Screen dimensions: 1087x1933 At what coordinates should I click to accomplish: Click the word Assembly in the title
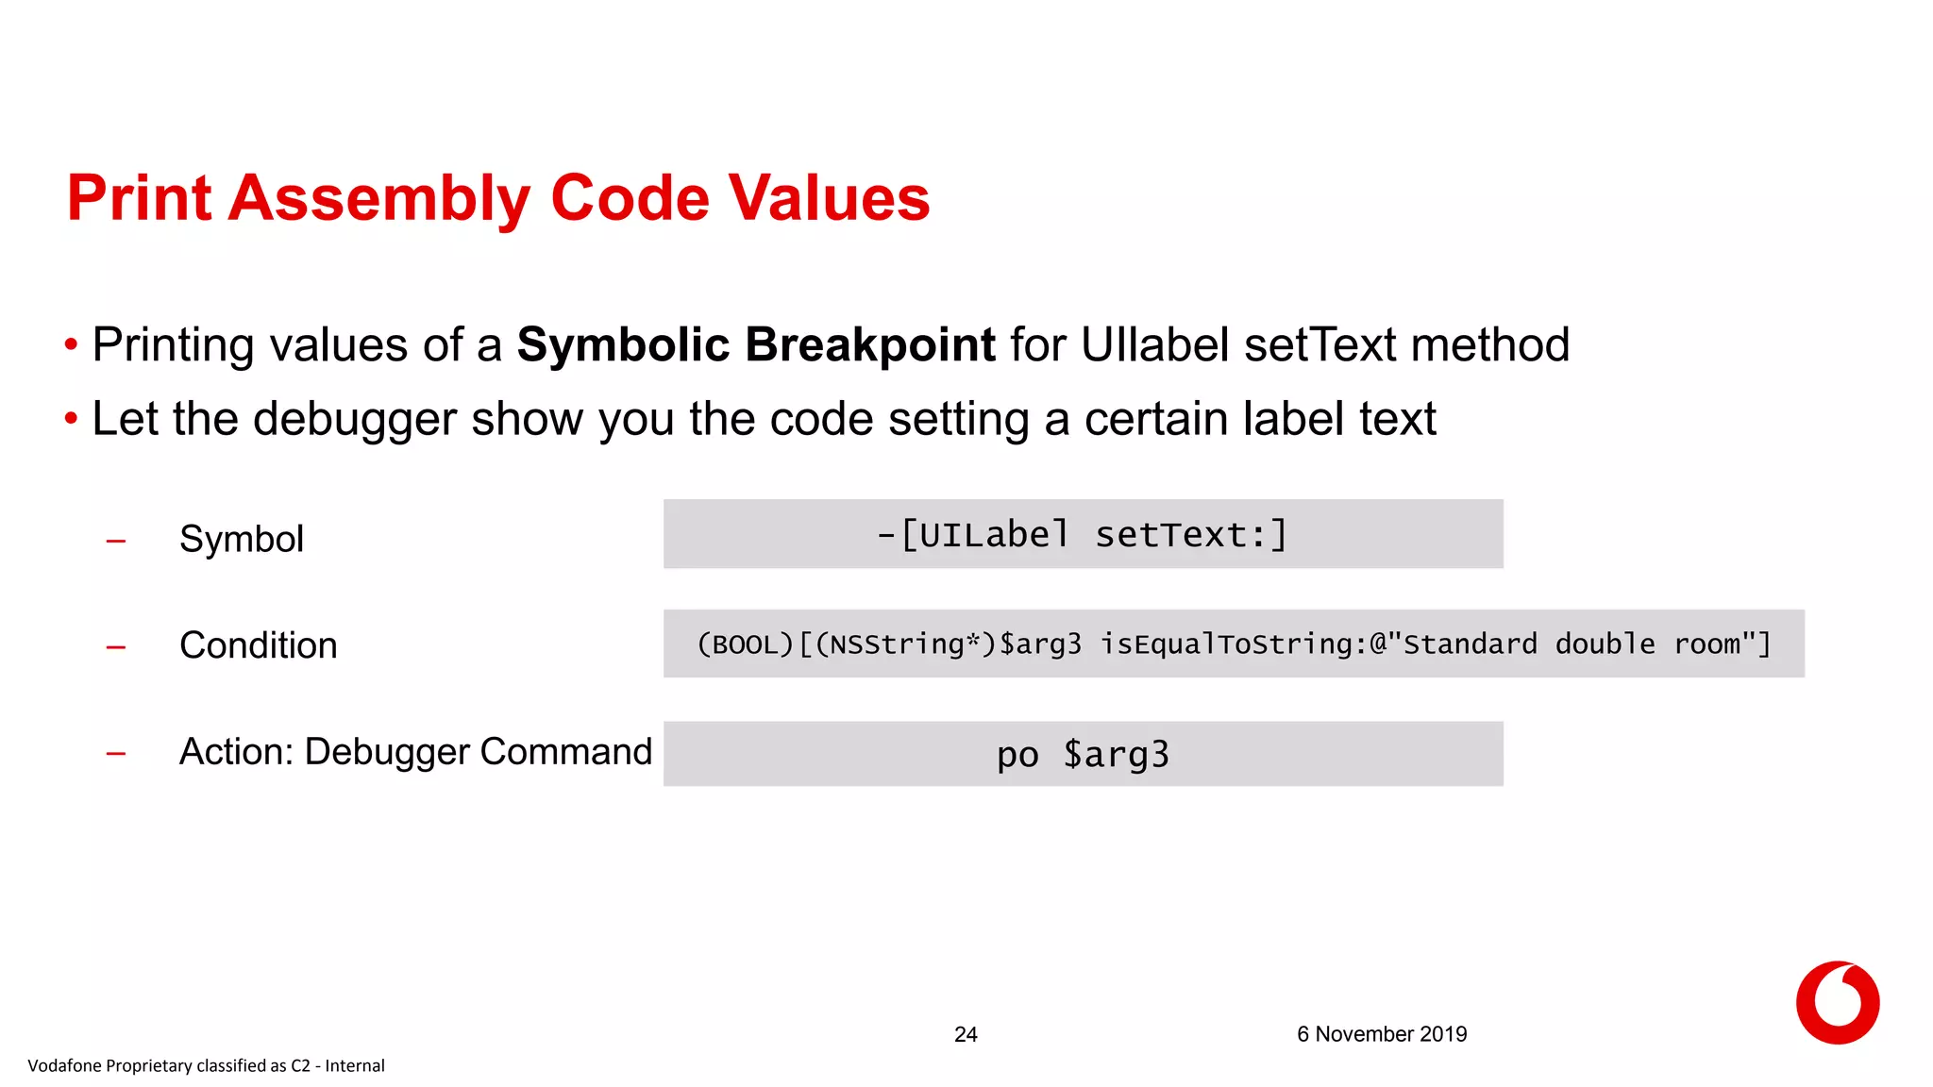[379, 199]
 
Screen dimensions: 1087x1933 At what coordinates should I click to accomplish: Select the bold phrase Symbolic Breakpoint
[755, 344]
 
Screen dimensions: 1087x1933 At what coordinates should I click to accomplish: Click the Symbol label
[242, 539]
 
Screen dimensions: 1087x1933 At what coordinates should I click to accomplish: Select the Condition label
[258, 645]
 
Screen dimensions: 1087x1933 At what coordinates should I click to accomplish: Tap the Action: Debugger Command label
[415, 752]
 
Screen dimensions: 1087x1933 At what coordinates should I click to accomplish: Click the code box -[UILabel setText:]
[1083, 534]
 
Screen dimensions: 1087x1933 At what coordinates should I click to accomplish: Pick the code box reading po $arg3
[1083, 754]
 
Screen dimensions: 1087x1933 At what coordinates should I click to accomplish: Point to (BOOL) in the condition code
[746, 644]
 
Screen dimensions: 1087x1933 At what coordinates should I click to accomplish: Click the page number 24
[966, 1034]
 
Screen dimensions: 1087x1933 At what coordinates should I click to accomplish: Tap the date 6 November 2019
[1381, 1034]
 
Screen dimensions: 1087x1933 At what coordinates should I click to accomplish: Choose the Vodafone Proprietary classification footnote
[206, 1065]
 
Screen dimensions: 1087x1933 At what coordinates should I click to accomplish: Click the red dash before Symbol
[116, 542]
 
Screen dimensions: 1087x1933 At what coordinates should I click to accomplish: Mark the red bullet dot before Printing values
[71, 344]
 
